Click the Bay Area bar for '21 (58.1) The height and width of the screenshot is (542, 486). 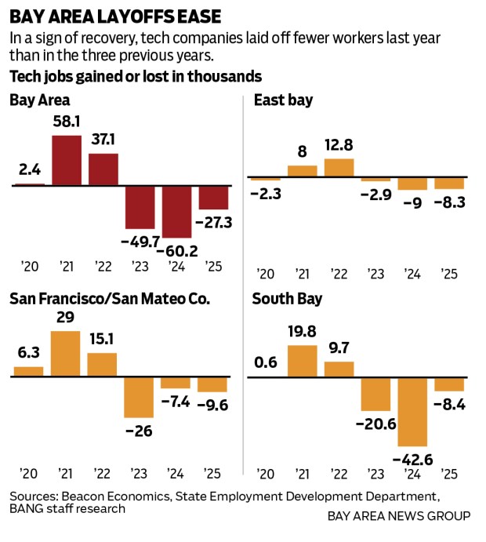pos(67,160)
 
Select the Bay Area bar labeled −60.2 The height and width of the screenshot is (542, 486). pos(177,212)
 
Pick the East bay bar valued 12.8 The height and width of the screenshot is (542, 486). pos(339,168)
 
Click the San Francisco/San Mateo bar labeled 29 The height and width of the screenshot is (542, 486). pos(67,353)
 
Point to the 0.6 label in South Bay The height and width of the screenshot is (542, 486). pos(265,362)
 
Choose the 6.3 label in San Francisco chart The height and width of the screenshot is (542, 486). pos(29,352)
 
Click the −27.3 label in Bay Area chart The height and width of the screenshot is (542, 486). pos(213,223)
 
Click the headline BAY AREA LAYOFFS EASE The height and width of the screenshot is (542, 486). pos(114,16)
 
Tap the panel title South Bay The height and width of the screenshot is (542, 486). pos(288,299)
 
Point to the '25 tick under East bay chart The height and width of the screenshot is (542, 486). pos(448,274)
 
